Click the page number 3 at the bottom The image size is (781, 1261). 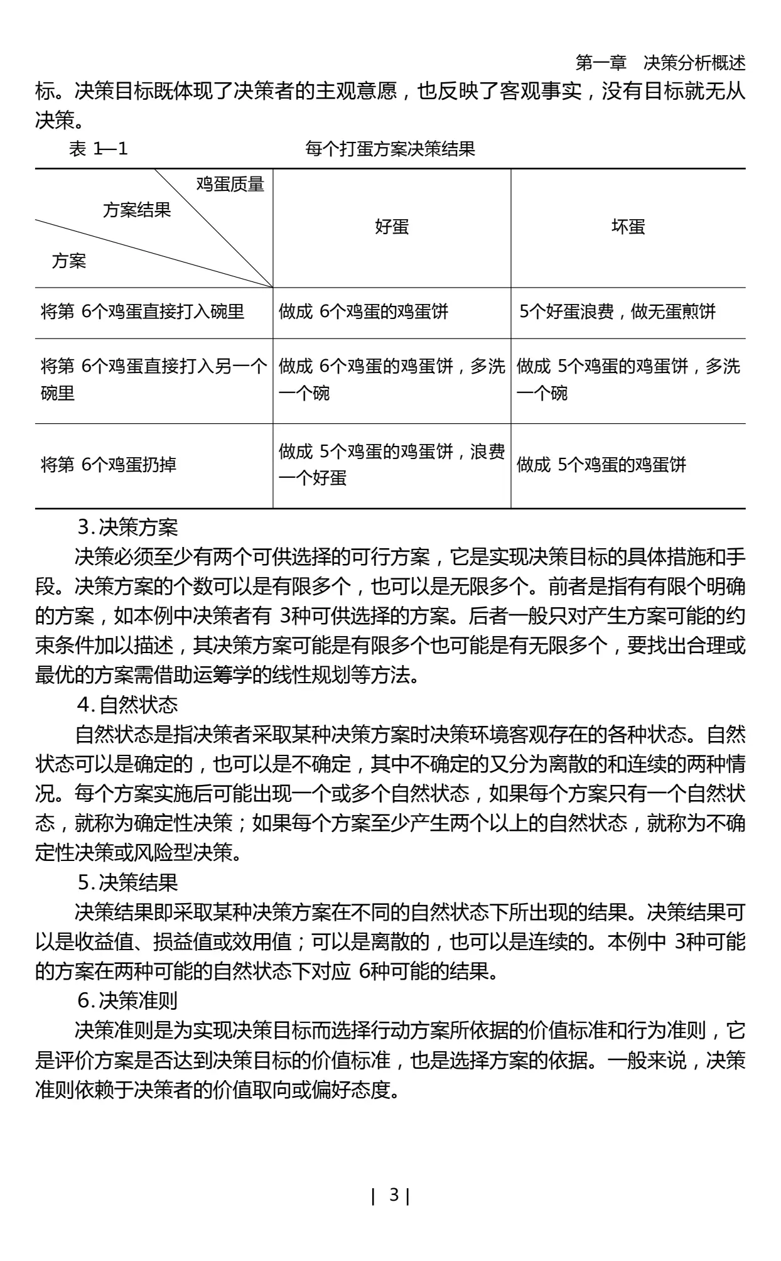[x=394, y=1195]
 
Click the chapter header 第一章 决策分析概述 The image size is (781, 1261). [x=660, y=63]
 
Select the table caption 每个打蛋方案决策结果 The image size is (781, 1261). [x=390, y=149]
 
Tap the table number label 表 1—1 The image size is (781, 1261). [x=98, y=149]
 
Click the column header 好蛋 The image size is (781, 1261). [x=392, y=227]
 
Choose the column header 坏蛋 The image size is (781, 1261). [x=628, y=227]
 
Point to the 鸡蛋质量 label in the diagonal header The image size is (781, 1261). [x=230, y=184]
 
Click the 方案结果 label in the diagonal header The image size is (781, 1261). [x=137, y=210]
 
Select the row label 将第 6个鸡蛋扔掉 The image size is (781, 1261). [x=109, y=465]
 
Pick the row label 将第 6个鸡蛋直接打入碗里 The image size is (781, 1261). [x=143, y=311]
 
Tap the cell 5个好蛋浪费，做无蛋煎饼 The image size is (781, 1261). [x=617, y=311]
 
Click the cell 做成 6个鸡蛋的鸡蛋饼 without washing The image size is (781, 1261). [x=364, y=311]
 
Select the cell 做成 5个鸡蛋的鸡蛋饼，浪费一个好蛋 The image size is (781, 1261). [x=391, y=465]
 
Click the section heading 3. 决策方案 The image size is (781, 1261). [x=128, y=528]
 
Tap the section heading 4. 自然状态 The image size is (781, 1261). [x=128, y=705]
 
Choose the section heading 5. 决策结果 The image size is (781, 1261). [x=128, y=883]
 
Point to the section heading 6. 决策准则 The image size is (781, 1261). [x=128, y=1000]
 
